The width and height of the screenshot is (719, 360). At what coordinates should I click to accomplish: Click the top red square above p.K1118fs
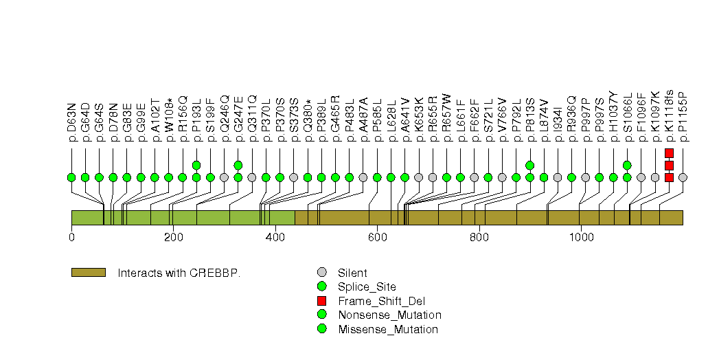669,153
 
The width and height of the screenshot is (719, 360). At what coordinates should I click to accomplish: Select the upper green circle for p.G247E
238,165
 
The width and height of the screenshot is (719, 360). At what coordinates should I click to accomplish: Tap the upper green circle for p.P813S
529,165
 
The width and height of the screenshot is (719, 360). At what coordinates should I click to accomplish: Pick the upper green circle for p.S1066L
627,165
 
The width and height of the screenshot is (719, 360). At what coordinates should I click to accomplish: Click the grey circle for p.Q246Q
224,177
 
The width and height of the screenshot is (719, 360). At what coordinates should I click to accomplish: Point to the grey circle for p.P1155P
683,177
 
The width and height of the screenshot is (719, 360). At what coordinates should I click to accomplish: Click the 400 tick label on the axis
275,238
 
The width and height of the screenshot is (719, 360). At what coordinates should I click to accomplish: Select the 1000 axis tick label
581,238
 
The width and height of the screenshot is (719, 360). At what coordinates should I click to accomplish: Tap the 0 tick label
71,238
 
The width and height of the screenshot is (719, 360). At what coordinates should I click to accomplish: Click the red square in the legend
321,301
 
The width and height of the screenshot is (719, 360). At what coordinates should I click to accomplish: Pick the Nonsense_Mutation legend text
389,315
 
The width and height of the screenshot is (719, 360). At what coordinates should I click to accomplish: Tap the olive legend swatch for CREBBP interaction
88,273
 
